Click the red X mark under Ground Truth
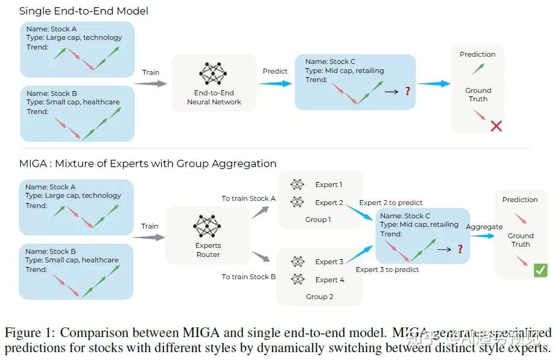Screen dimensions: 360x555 496,125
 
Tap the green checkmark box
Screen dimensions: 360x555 540,271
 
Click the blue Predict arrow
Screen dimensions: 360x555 274,84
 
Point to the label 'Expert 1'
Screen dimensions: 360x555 328,185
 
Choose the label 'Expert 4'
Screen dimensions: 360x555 329,280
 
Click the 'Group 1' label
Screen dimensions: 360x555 318,219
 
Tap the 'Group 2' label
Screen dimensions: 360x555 319,297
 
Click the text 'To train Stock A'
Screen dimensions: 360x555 249,198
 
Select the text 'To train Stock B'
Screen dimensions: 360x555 249,277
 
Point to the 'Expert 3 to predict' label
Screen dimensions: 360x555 387,270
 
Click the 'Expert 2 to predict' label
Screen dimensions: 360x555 391,203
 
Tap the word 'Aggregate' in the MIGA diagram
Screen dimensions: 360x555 484,227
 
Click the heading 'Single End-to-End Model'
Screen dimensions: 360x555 84,11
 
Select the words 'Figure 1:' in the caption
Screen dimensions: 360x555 31,332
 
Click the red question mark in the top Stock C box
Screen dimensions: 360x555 408,91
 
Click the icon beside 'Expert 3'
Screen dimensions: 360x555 297,262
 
